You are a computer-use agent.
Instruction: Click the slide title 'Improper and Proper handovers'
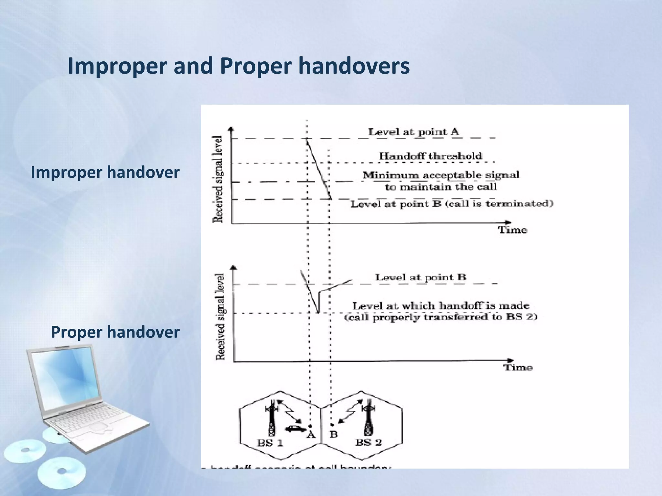tap(239, 66)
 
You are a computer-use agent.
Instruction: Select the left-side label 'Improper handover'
tap(105, 172)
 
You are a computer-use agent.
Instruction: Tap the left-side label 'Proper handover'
tap(115, 332)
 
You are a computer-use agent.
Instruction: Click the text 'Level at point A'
tap(413, 132)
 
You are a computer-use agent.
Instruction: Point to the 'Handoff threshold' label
tap(430, 156)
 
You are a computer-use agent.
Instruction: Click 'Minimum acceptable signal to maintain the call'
tap(441, 181)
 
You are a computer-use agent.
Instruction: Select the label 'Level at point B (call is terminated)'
tap(452, 204)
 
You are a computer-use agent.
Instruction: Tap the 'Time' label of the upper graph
tap(512, 230)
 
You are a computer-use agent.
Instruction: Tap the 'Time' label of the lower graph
tap(518, 367)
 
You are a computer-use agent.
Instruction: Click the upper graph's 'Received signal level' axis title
tap(218, 179)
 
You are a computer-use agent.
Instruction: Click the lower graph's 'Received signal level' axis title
tap(220, 317)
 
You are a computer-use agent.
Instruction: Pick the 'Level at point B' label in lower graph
tap(420, 277)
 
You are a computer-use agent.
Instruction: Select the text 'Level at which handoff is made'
tap(441, 306)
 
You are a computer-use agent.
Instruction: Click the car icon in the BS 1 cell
tap(295, 429)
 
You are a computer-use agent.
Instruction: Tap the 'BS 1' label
tap(270, 443)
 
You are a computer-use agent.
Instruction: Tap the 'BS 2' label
tap(368, 442)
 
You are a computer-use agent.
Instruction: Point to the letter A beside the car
tap(311, 435)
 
